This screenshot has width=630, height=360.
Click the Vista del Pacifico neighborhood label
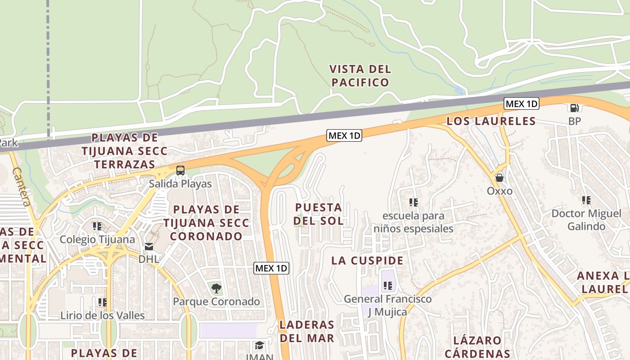coord(360,76)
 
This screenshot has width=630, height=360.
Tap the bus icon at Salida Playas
coord(180,171)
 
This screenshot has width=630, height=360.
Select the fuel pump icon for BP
coord(574,108)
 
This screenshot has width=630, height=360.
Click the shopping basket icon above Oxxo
coord(499,178)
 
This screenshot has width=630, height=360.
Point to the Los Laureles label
coord(491,121)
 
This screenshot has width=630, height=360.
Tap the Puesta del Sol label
coord(319,214)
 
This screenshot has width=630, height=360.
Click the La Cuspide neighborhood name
coord(367,261)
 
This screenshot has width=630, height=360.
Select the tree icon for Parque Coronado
coord(216,288)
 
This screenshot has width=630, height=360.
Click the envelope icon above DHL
coord(148,246)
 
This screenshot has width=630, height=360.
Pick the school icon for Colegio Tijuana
coord(97,226)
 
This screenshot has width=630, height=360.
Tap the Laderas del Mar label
coord(307,331)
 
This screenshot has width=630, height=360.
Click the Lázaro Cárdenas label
coord(477,347)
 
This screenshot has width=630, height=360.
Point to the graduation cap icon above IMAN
coord(259,345)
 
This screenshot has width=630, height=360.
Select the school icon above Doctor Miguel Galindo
coord(586,200)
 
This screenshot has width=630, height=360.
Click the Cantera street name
coord(22,187)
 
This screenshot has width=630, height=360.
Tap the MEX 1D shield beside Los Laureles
coord(521,104)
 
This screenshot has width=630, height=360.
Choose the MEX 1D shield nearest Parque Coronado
coord(271,269)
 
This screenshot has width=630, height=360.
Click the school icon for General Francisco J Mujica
coord(388,285)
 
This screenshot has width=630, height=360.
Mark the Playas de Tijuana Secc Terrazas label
coord(125,151)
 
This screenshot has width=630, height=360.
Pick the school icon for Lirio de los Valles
coord(103,302)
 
